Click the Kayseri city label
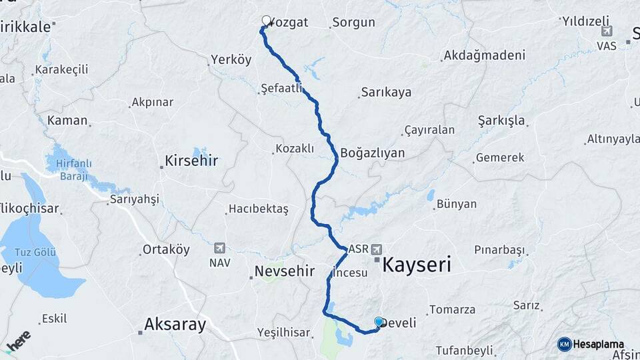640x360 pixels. pyautogui.click(x=417, y=265)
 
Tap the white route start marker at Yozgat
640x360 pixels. pyautogui.click(x=267, y=21)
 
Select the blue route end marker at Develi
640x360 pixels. pyautogui.click(x=379, y=322)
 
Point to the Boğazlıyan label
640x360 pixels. pyautogui.click(x=372, y=153)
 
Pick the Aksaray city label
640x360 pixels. pyautogui.click(x=175, y=325)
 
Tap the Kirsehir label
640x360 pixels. pyautogui.click(x=191, y=161)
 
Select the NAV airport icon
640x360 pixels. pyautogui.click(x=219, y=249)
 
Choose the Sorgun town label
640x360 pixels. pyautogui.click(x=353, y=23)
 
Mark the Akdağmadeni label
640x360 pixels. pyautogui.click(x=484, y=55)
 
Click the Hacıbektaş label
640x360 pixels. pyautogui.click(x=259, y=209)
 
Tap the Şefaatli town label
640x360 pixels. pyautogui.click(x=282, y=88)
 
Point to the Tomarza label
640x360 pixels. pyautogui.click(x=453, y=309)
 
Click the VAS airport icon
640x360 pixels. pyautogui.click(x=607, y=31)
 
